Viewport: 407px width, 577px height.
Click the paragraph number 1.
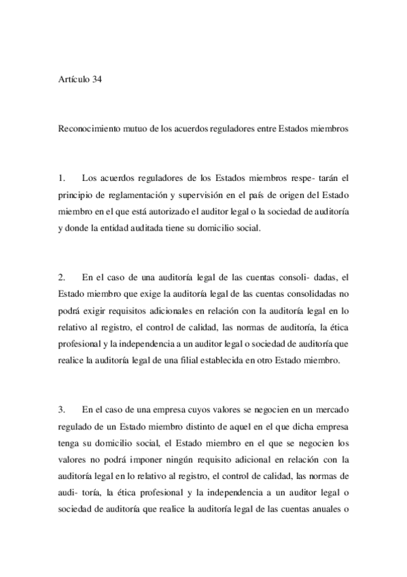click(61, 179)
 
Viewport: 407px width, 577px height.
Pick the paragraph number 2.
click(61, 277)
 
